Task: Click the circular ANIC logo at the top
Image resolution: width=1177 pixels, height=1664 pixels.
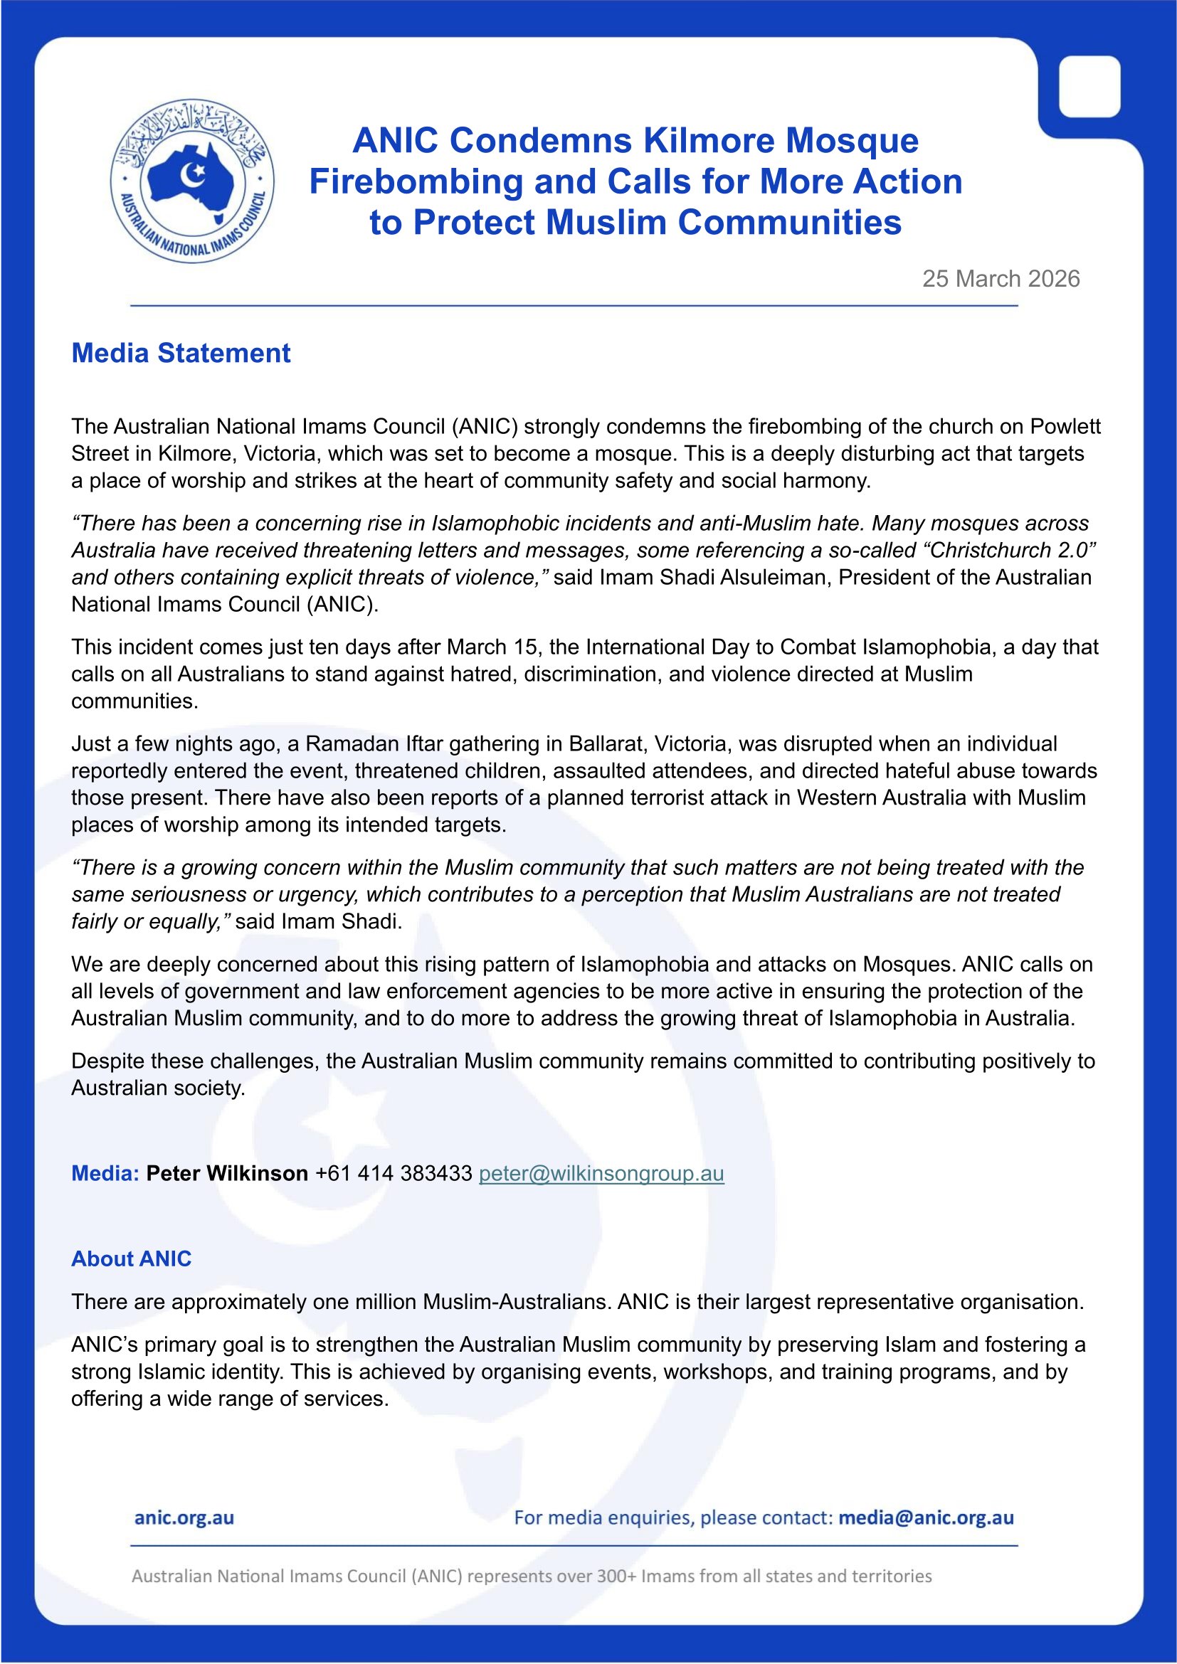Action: (192, 181)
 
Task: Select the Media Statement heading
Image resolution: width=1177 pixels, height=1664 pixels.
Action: (181, 353)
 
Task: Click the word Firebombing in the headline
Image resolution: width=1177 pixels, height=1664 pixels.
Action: (416, 181)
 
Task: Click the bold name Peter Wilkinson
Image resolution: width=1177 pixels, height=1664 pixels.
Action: (227, 1173)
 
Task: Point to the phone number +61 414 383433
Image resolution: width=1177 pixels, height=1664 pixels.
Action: (394, 1173)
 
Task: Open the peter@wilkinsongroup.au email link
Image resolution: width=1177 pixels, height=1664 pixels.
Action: (601, 1173)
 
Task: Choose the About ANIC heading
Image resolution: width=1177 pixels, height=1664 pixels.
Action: (131, 1259)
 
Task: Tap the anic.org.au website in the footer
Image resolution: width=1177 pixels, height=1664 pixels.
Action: (184, 1517)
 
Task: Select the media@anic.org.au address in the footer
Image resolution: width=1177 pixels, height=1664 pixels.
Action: (926, 1517)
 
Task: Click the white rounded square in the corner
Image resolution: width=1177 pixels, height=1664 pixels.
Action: (1089, 87)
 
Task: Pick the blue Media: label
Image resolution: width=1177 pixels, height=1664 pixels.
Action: (105, 1173)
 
